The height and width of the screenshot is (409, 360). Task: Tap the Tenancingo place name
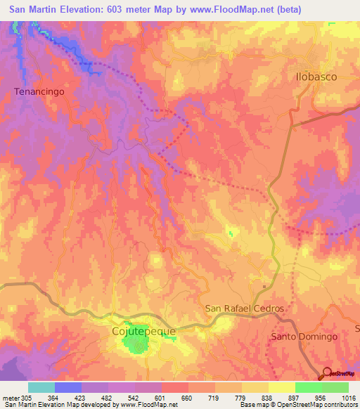click(39, 91)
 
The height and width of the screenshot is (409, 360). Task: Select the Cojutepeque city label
click(144, 330)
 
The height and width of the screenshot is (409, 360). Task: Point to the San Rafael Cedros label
click(244, 309)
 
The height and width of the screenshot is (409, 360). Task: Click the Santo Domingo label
click(304, 337)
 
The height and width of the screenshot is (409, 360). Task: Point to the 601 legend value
click(161, 397)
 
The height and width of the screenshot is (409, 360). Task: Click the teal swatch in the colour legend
click(41, 387)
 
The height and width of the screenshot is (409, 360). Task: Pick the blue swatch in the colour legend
click(68, 387)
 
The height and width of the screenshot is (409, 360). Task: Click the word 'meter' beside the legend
click(10, 397)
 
